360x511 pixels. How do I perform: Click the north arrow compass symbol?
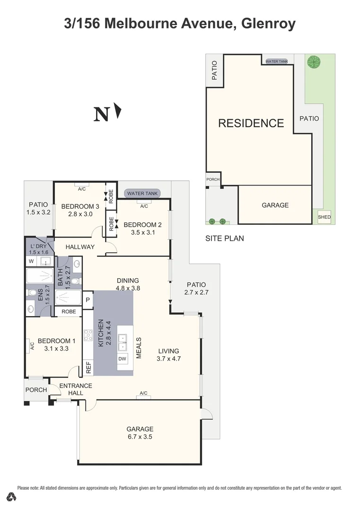point(118,112)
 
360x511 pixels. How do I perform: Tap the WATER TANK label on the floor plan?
point(142,194)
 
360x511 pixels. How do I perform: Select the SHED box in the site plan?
point(325,217)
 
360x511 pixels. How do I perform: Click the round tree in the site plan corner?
point(313,61)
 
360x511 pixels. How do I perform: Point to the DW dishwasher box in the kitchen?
point(123,359)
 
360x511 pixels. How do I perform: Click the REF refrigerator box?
point(88,367)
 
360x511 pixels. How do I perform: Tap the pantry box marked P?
point(88,300)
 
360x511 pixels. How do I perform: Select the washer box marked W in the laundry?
point(31,261)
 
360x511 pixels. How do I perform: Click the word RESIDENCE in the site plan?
point(251,123)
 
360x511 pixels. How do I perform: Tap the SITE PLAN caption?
point(224,238)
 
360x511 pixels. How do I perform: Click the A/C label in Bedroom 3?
point(81,189)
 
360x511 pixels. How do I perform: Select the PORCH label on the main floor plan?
point(36,390)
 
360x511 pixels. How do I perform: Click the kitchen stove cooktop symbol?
point(88,335)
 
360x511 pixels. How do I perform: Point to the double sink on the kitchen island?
point(123,338)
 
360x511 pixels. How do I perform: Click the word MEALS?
point(139,348)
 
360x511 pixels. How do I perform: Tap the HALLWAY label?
point(80,247)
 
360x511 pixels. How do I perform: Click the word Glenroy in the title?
point(268,24)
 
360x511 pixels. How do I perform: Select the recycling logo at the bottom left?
point(13,497)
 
